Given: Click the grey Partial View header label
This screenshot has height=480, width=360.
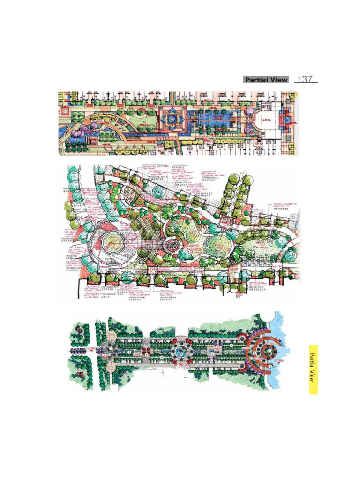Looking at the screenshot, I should point(266,80).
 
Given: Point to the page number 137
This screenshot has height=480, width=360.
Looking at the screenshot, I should point(305,79).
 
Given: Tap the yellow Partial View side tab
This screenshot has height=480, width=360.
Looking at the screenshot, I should point(313,369).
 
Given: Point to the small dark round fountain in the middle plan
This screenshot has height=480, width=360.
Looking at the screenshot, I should point(171,245).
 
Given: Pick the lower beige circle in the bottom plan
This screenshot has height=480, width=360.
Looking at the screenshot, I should point(111,366).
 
